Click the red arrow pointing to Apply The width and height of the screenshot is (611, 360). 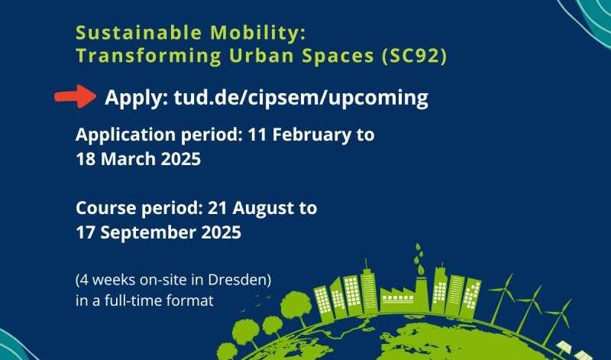pos(75,96)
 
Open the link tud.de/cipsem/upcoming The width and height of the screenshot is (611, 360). pos(301,98)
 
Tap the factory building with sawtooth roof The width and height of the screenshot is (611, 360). pos(396,299)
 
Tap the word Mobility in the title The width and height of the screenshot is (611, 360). pos(257,33)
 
